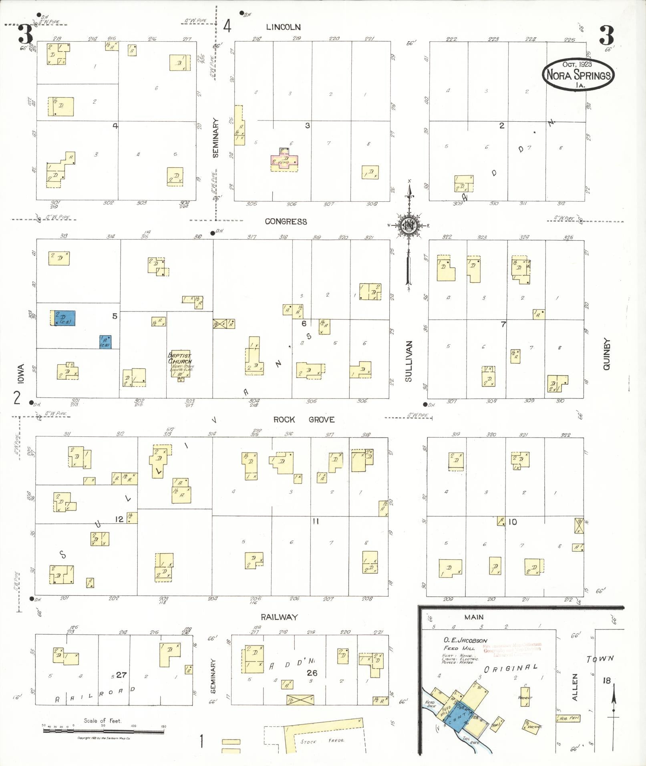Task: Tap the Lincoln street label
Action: (283, 27)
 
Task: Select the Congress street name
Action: (286, 221)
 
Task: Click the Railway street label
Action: (279, 617)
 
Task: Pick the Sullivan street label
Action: (408, 361)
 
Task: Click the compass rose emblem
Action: (409, 226)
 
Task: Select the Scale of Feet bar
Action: (103, 731)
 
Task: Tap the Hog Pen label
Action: (569, 718)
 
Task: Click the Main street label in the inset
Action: (474, 617)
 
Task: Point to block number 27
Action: (121, 675)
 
